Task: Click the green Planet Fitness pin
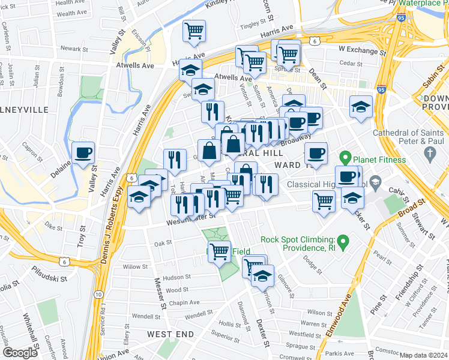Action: [x=345, y=159]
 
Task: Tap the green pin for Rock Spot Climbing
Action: [x=343, y=242]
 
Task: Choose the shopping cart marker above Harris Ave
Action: [x=194, y=31]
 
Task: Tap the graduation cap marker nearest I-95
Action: [x=361, y=108]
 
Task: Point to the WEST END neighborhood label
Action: [x=171, y=334]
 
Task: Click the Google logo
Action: [x=20, y=353]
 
